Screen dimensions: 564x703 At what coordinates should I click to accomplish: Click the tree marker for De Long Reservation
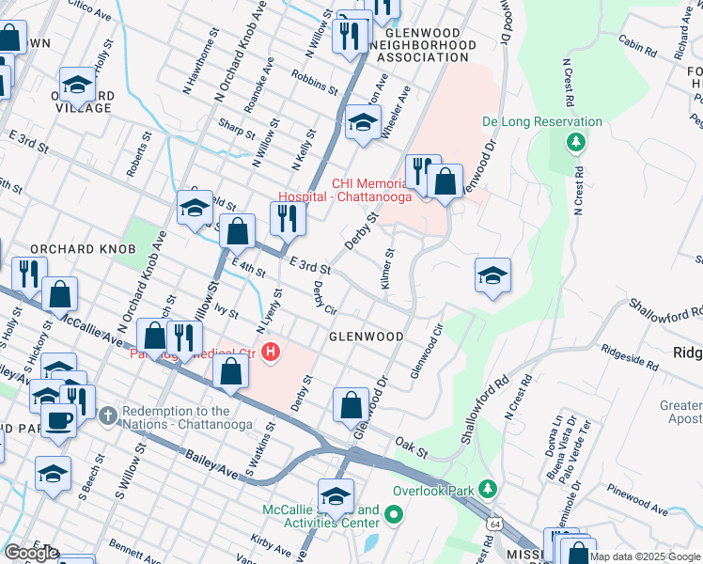click(x=575, y=142)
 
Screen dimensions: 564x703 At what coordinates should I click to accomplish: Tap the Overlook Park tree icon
click(x=487, y=489)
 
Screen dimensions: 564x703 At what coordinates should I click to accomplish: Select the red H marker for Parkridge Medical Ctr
click(x=272, y=353)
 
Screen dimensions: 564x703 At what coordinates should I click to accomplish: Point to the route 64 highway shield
click(x=493, y=522)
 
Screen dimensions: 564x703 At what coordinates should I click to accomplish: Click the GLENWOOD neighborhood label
click(x=366, y=337)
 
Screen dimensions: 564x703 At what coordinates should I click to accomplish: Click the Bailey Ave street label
click(x=212, y=457)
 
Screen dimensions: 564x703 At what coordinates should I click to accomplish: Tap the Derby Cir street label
click(x=324, y=298)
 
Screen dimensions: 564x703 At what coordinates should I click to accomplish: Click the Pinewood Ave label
click(x=635, y=500)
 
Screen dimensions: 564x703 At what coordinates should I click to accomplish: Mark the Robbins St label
click(x=314, y=82)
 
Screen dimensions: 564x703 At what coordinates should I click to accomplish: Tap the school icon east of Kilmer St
click(x=492, y=275)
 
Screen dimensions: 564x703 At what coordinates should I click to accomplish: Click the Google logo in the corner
click(x=31, y=553)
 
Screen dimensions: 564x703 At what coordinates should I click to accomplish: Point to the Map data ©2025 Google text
click(x=646, y=556)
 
